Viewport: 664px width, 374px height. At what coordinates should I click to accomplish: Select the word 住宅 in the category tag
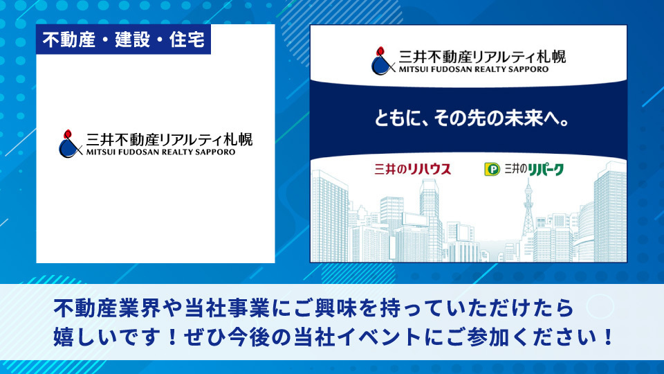(x=187, y=40)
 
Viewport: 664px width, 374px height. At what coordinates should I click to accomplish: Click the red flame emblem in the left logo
(x=67, y=134)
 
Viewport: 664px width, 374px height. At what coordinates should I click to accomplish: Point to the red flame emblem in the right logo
(x=380, y=51)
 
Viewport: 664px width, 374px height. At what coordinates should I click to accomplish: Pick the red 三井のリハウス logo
(x=412, y=169)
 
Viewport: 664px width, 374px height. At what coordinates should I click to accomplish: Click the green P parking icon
(x=492, y=170)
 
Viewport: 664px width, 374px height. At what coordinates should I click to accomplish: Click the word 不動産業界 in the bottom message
(x=107, y=308)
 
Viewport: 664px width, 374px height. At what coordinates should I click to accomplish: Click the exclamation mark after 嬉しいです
(x=172, y=337)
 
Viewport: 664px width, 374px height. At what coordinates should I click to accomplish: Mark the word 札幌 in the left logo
(x=238, y=139)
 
